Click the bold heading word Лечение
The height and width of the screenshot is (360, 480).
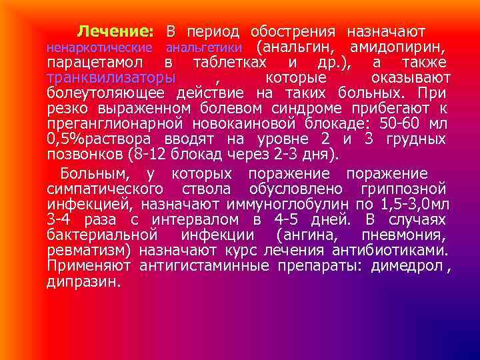click(115, 31)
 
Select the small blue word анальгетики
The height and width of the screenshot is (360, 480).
click(203, 48)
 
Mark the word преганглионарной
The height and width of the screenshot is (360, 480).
click(117, 124)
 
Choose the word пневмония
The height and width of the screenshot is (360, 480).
click(403, 235)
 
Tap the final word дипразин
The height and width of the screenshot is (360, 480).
click(83, 283)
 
